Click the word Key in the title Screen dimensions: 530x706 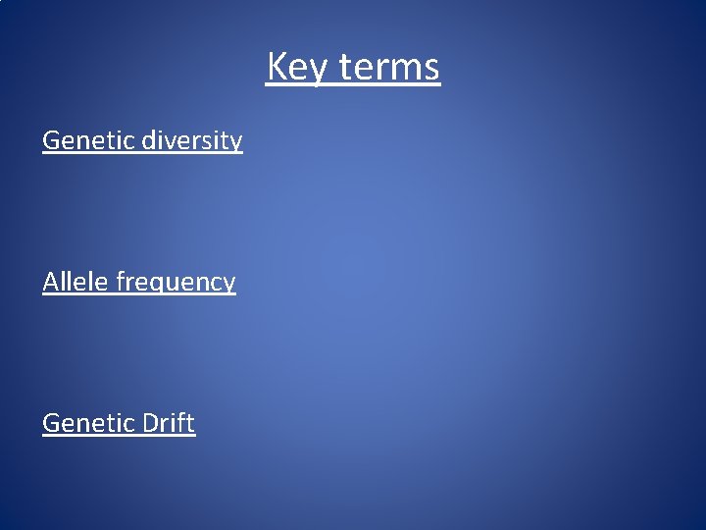point(298,68)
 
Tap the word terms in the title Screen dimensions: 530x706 point(390,68)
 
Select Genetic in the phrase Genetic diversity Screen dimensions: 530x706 point(88,140)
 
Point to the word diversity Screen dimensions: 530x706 point(192,140)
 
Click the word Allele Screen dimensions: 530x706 point(76,282)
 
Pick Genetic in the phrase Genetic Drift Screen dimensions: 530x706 point(88,423)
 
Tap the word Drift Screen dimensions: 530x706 point(168,423)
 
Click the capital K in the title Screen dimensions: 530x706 point(277,68)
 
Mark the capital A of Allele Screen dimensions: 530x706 point(51,282)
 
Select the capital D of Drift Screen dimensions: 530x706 point(150,423)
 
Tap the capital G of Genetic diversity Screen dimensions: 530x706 point(52,140)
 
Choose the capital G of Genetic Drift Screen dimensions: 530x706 point(52,423)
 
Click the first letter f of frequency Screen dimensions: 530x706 point(120,281)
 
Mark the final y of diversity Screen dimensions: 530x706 point(235,144)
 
